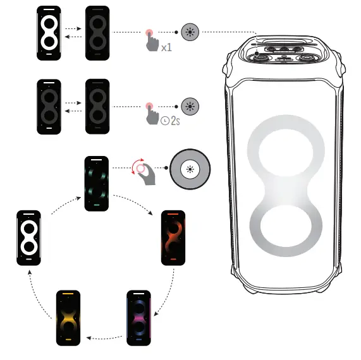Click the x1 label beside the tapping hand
[x=166, y=47]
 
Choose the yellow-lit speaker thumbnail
[x=69, y=318]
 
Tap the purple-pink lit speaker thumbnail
[x=140, y=318]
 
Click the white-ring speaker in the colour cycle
[x=28, y=237]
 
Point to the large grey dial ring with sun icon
[x=190, y=169]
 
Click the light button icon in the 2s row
[x=190, y=105]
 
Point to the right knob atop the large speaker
[x=307, y=57]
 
